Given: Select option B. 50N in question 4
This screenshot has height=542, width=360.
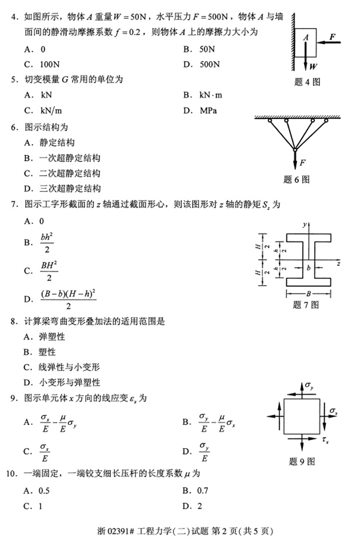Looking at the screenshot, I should tap(198, 49).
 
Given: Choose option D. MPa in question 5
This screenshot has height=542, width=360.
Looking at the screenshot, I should tap(200, 110).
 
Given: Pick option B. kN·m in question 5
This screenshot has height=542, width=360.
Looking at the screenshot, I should tap(202, 95).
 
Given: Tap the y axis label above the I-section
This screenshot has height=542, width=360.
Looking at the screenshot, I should tap(306, 224).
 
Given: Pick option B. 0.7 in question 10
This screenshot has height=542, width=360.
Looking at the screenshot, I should tap(196, 491).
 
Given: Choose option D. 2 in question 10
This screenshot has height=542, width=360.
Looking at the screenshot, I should tap(193, 506).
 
